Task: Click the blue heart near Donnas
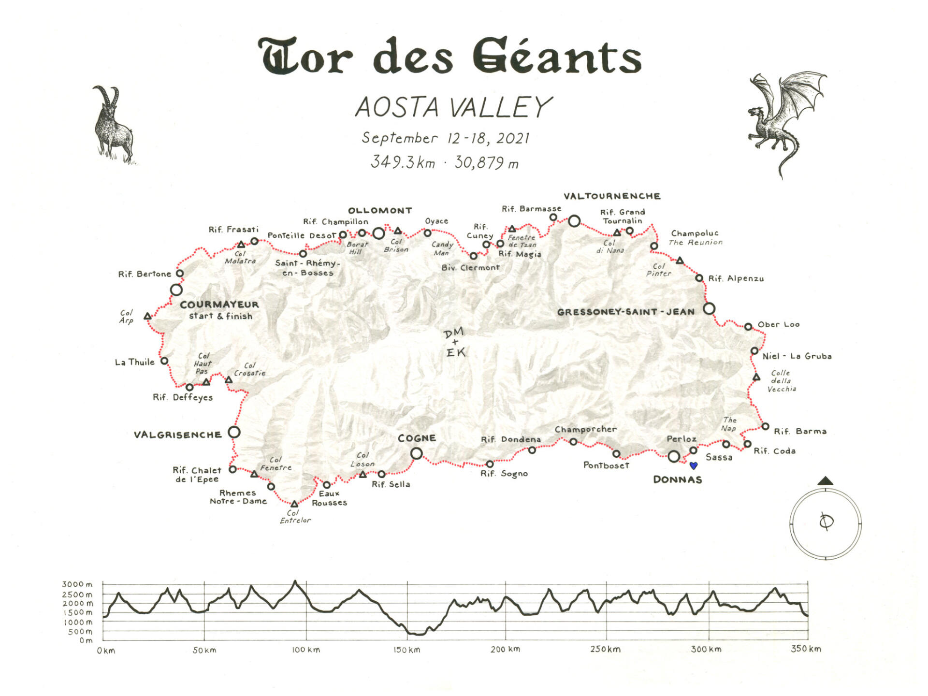click(x=694, y=465)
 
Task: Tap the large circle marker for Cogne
click(x=416, y=453)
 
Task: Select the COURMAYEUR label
click(x=219, y=304)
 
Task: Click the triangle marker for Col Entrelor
click(x=294, y=504)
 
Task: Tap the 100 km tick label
click(x=305, y=650)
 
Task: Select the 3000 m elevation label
click(x=77, y=584)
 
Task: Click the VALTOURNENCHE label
click(x=612, y=196)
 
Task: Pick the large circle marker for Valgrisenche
click(x=234, y=432)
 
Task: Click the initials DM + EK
click(x=454, y=342)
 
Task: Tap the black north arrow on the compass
click(x=826, y=480)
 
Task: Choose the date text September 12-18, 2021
click(x=446, y=138)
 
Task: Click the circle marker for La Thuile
click(x=164, y=361)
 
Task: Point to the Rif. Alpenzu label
click(x=736, y=278)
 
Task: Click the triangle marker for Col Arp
click(x=148, y=317)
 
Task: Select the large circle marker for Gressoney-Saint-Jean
click(x=709, y=308)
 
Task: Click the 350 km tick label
click(x=806, y=649)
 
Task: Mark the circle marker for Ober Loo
click(x=748, y=327)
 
